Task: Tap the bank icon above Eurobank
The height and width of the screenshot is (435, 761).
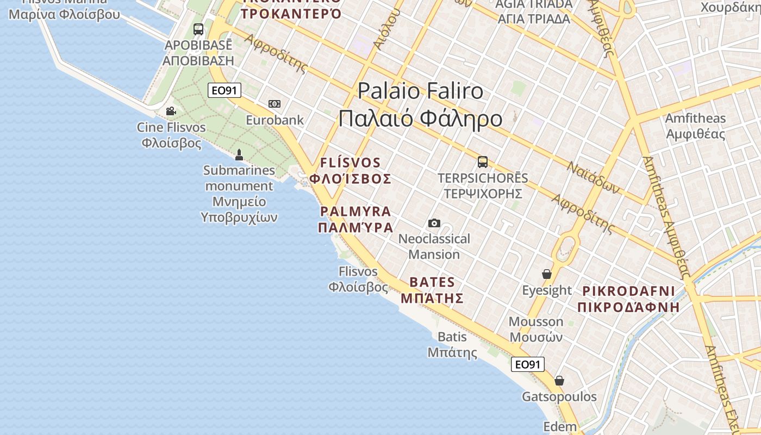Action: [275, 104]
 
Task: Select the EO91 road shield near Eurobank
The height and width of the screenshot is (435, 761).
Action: [224, 90]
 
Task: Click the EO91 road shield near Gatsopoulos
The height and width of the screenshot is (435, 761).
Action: [527, 364]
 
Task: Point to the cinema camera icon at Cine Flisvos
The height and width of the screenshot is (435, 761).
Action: [171, 111]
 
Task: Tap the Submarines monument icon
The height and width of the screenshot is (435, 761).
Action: [239, 155]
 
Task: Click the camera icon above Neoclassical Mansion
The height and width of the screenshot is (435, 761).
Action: [434, 223]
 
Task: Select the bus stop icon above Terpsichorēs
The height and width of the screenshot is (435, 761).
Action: [482, 161]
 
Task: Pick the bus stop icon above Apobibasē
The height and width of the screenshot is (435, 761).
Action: [198, 29]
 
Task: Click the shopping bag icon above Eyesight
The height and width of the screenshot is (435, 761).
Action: [547, 274]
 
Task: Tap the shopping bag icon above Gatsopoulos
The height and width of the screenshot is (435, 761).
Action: [559, 381]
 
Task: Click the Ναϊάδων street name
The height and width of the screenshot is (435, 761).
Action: [593, 177]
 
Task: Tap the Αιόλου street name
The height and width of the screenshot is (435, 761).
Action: [388, 30]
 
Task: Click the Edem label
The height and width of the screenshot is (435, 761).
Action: [560, 427]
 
